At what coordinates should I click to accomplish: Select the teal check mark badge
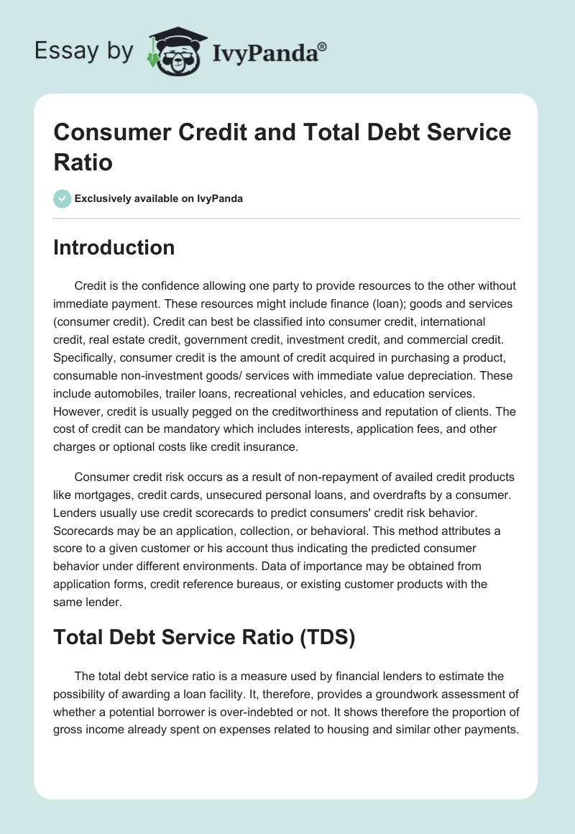pos(63,198)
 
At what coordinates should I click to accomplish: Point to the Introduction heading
pos(114,247)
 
